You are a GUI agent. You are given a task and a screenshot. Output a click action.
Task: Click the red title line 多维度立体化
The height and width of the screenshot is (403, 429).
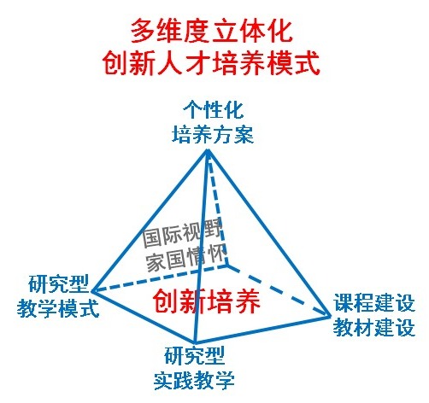tap(212, 32)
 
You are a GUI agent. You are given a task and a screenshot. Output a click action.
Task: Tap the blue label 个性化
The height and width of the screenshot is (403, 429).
tap(214, 110)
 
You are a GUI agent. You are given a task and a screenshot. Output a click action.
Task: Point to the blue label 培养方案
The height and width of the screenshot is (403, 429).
tap(213, 134)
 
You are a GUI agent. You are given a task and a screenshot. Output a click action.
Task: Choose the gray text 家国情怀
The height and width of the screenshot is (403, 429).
tap(186, 259)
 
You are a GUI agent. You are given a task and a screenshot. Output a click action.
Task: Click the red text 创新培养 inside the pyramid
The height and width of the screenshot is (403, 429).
tap(207, 301)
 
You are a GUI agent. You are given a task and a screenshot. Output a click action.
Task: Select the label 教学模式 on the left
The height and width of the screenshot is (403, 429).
tap(58, 308)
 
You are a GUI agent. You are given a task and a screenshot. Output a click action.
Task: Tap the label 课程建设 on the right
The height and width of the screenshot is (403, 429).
tap(374, 303)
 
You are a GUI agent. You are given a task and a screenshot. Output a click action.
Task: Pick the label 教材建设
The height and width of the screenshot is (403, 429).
tap(374, 327)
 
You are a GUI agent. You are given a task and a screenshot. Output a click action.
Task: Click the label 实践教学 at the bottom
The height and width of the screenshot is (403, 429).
tap(194, 380)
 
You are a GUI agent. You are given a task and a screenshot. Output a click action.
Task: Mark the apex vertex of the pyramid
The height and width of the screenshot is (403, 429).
tap(208, 152)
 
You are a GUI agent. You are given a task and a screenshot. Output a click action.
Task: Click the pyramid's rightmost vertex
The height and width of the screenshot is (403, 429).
tap(329, 315)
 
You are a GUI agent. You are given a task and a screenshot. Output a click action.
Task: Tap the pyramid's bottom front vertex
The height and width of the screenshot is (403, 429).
tap(195, 342)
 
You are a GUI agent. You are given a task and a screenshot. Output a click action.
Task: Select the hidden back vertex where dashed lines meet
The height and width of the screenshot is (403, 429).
tap(227, 266)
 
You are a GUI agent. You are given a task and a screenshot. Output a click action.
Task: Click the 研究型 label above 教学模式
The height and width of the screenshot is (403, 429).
tap(59, 284)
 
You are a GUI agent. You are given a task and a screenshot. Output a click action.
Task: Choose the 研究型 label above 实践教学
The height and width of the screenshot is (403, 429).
tap(195, 355)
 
